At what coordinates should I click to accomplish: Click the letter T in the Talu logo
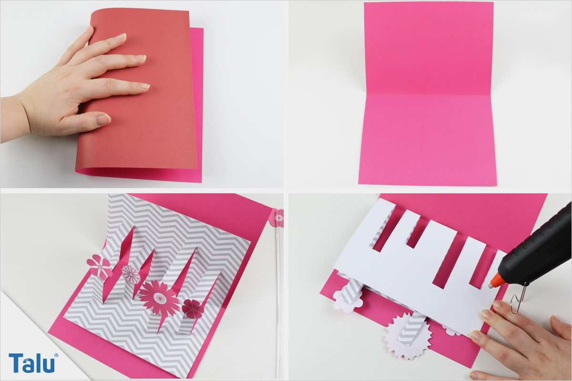coord(16,362)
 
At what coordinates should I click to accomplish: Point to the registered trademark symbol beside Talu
coord(56,355)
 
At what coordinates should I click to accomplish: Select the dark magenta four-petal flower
coord(192,309)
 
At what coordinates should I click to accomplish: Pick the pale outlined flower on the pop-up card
coord(131,275)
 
